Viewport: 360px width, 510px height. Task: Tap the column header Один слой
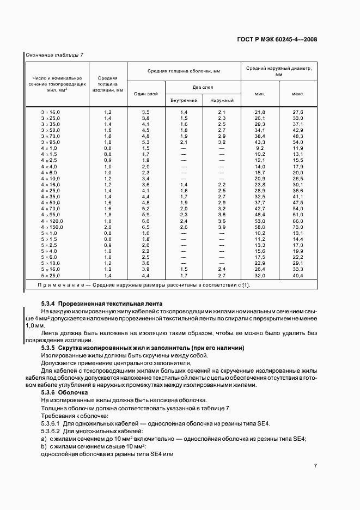(x=145, y=94)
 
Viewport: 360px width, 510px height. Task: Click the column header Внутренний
(x=184, y=101)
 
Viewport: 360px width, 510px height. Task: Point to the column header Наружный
(x=222, y=101)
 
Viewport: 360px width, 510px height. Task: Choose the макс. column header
(x=297, y=94)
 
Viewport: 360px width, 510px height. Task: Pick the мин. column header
(x=259, y=94)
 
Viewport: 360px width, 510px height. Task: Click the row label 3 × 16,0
(x=51, y=112)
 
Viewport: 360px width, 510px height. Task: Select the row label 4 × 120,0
(x=52, y=221)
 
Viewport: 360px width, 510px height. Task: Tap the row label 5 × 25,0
(x=51, y=276)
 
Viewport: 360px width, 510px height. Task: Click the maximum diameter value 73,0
(x=297, y=227)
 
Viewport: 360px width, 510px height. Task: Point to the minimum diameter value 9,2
(x=259, y=148)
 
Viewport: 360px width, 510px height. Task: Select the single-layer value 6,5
(x=145, y=227)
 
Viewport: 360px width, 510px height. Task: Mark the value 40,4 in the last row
(x=297, y=276)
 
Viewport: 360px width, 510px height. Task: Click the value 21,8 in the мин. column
(x=259, y=112)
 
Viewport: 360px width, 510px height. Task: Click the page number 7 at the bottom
(x=315, y=465)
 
